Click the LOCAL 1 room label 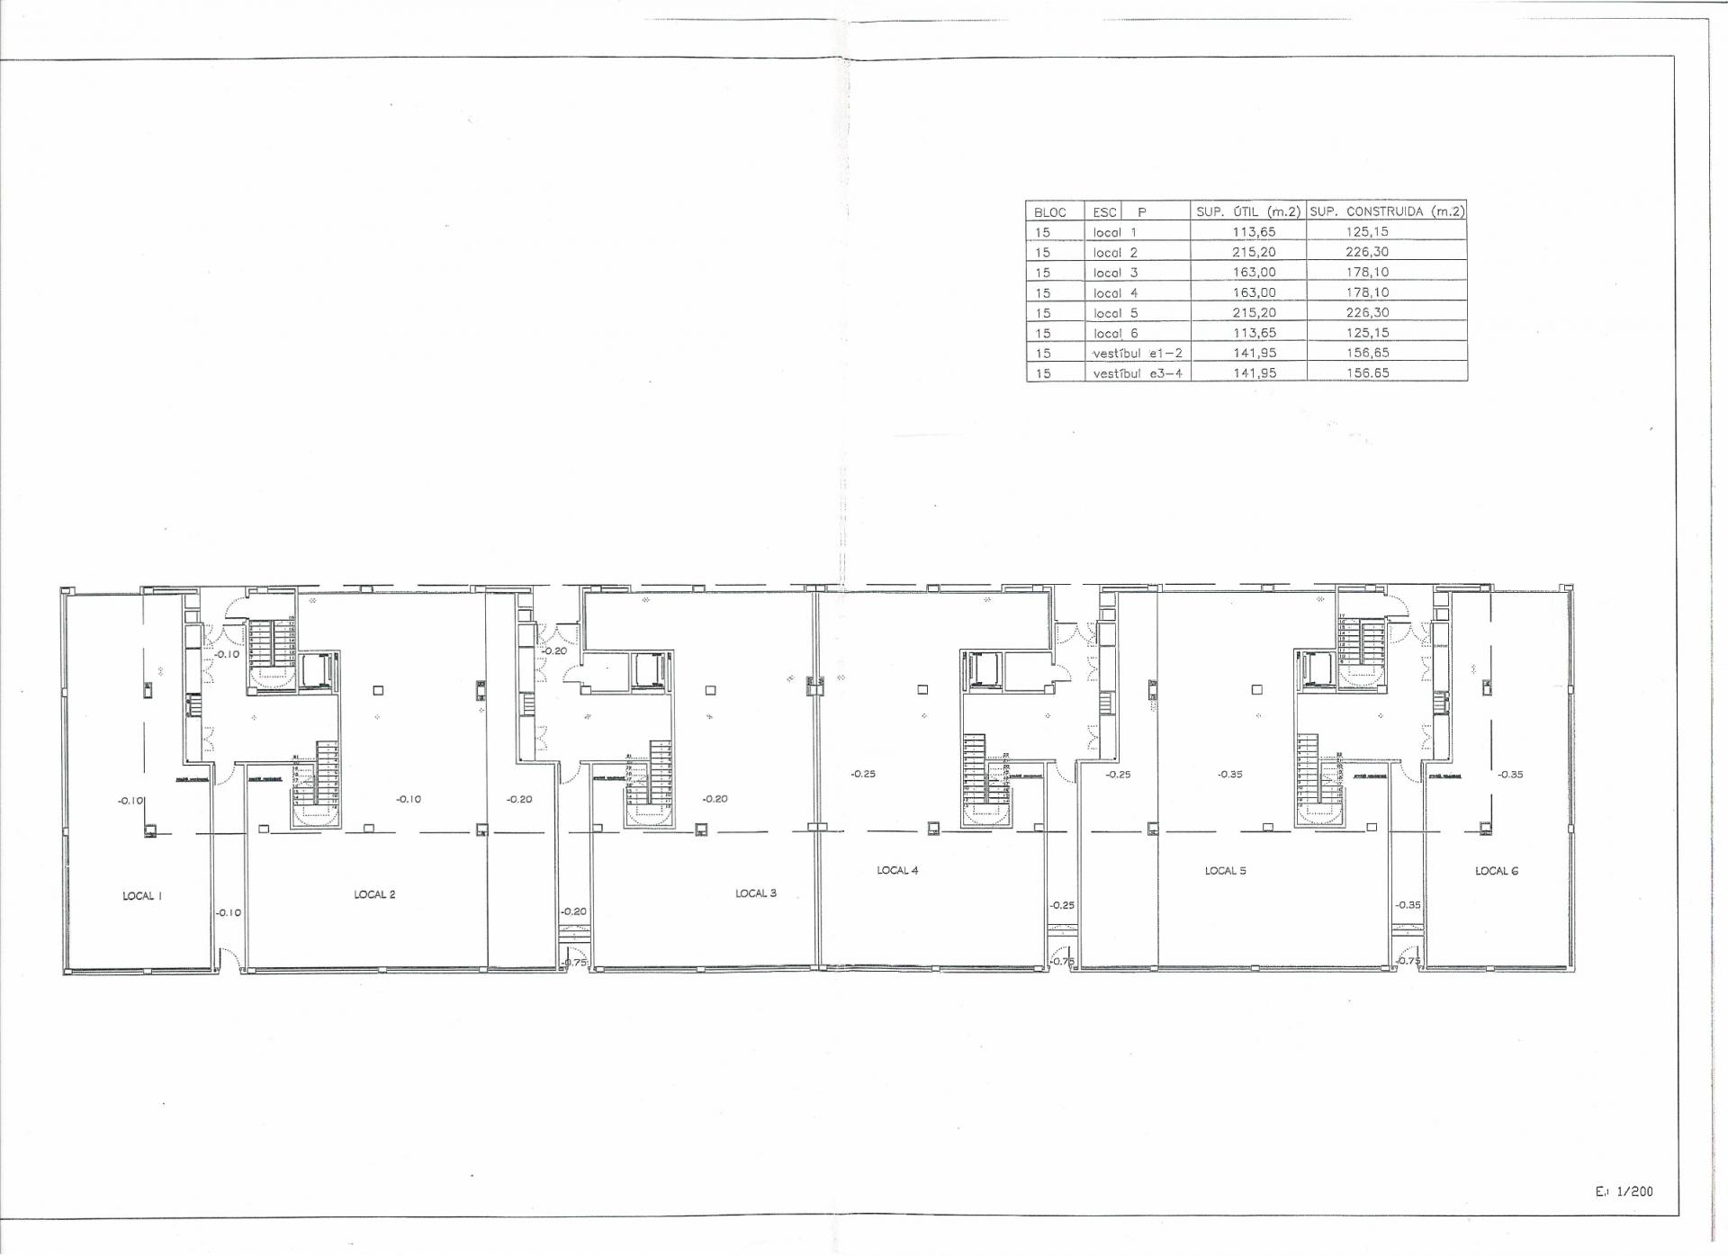point(142,896)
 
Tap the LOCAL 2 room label point(374,894)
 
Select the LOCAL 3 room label point(755,893)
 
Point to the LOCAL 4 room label point(897,870)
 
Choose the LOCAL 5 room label point(1225,871)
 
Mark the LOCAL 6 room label point(1496,871)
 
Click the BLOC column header point(1049,212)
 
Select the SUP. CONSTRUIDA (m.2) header point(1386,211)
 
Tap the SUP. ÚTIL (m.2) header point(1247,211)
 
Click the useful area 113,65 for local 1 point(1254,232)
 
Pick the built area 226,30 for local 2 point(1367,252)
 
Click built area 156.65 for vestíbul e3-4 point(1367,372)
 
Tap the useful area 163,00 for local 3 point(1254,273)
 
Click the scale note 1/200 point(1633,1191)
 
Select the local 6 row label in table point(1115,333)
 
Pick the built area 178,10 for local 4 point(1367,292)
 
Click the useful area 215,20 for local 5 point(1254,313)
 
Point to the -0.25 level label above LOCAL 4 point(862,774)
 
